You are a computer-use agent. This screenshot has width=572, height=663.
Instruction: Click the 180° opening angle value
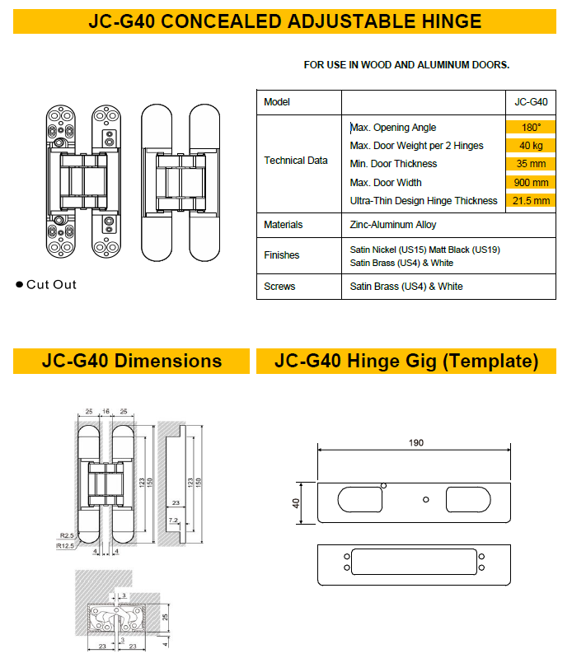pos(531,128)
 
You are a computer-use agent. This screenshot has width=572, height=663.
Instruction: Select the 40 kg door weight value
pos(531,146)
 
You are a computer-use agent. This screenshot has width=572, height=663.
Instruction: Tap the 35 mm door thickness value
pos(531,164)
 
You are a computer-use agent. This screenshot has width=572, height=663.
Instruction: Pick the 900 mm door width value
pos(531,183)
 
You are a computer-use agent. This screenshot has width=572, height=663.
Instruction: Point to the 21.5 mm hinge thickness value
pos(531,201)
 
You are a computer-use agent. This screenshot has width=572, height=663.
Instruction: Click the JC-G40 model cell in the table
pos(531,102)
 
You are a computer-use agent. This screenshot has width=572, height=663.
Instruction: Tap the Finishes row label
pos(282,255)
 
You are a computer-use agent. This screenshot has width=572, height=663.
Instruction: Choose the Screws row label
pos(279,287)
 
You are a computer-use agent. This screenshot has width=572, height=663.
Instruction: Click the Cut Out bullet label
pos(51,285)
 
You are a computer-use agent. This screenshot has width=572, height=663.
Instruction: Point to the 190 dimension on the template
pos(415,443)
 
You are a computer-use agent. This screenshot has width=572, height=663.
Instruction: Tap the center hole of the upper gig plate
pos(424,500)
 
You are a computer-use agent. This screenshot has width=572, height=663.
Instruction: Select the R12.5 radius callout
pos(65,545)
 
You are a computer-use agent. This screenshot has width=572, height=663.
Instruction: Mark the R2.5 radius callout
pos(68,536)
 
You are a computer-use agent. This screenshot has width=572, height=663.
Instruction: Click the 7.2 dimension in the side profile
pos(174,521)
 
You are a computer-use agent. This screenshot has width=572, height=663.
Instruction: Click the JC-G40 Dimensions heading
pos(131,361)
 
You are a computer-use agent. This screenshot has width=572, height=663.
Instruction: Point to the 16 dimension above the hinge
pos(105,410)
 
